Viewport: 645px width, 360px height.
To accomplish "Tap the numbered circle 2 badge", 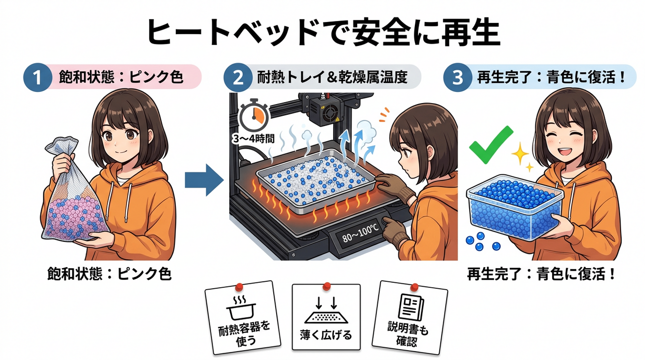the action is point(238,77).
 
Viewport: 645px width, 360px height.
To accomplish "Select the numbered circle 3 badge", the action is point(457,77).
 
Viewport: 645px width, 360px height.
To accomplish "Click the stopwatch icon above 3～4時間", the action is point(254,115).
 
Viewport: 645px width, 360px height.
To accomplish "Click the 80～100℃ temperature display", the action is point(360,233).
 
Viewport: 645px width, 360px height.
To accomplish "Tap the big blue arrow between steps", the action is point(204,180).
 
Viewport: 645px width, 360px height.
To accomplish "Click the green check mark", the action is point(491,145).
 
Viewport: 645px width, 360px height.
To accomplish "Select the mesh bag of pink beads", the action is point(73,190).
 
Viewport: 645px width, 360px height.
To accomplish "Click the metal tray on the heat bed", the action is point(316,181).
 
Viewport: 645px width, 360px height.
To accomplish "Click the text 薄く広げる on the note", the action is point(326,335).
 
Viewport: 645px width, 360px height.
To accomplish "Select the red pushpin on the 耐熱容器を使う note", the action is point(239,287).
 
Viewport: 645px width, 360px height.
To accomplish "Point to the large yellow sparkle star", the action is point(520,153).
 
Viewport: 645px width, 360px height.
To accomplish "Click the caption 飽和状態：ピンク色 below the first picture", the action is point(109,274).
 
